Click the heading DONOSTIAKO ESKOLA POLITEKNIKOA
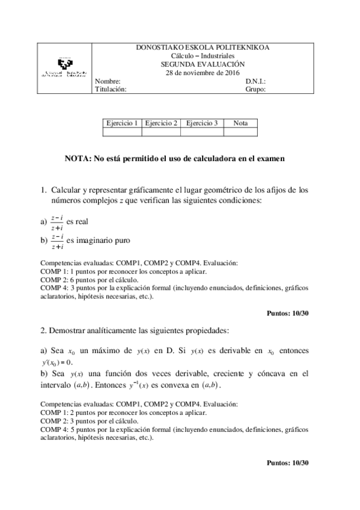click(x=203, y=47)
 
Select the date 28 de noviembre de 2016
click(x=203, y=73)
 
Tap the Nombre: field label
click(x=108, y=81)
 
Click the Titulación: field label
click(x=111, y=89)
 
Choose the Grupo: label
click(x=255, y=89)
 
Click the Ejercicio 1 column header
click(x=122, y=123)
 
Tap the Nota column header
click(x=240, y=123)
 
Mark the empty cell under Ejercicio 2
click(x=161, y=132)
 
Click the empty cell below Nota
click(x=240, y=132)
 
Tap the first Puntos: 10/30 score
click(x=287, y=313)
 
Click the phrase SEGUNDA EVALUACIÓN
click(x=203, y=64)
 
